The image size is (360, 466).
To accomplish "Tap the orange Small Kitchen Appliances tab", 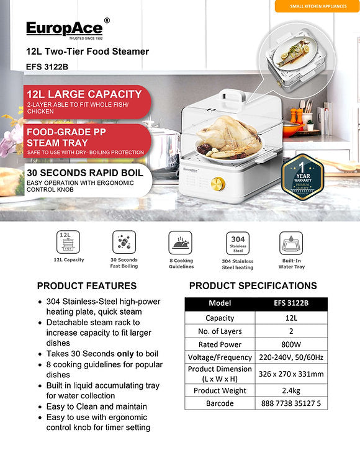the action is [316, 6].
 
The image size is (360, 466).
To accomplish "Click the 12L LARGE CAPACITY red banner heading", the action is [84, 94].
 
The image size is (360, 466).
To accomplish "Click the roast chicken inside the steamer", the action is [221, 137].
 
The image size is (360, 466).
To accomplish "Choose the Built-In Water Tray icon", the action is [291, 243].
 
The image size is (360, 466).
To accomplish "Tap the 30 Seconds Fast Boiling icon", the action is [124, 242].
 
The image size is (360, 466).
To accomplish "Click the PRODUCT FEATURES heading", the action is [87, 286].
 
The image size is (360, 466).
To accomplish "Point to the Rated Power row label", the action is [220, 344].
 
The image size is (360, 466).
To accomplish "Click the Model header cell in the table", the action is [220, 303].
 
